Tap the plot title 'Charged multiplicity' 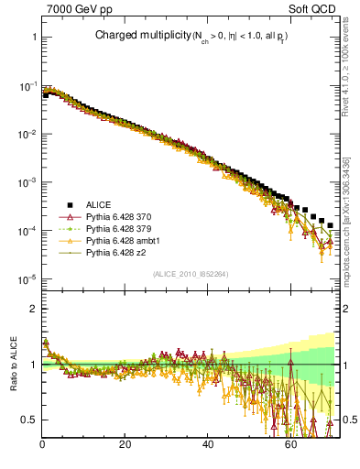[x=135, y=35]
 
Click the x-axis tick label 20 [x=125, y=445]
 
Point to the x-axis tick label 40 [x=207, y=445]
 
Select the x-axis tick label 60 [x=289, y=445]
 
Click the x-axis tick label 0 [x=42, y=445]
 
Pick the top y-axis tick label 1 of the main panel [x=32, y=38]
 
